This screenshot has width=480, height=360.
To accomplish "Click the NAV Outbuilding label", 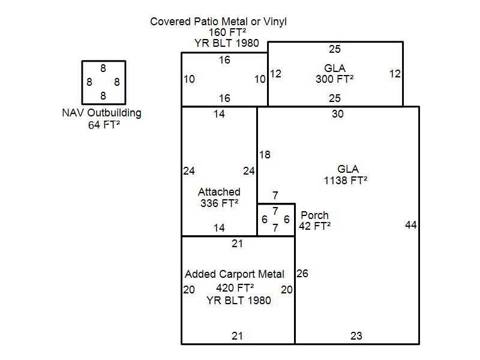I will (102, 113).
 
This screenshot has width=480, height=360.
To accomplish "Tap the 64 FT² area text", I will (103, 125).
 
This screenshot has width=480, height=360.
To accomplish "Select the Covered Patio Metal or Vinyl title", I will (218, 22).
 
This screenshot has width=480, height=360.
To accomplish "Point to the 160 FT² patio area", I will (218, 32).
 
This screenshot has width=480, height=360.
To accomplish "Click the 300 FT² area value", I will (334, 79).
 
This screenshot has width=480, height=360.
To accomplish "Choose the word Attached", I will (219, 192).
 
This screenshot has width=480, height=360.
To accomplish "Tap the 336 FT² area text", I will (219, 203).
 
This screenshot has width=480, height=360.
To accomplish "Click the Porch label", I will (314, 215).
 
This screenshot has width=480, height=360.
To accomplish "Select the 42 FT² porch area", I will (314, 226).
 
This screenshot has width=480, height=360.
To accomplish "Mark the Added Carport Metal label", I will (235, 274).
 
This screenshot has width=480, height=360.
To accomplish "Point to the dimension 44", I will (411, 225).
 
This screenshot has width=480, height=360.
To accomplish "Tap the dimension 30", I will (338, 114).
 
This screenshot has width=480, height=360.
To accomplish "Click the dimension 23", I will (356, 336).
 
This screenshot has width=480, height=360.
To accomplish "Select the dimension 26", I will (302, 274).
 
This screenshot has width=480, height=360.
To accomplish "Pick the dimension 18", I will (265, 155).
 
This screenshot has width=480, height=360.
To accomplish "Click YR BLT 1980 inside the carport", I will (238, 300).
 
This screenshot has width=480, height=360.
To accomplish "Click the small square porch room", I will (276, 220).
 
